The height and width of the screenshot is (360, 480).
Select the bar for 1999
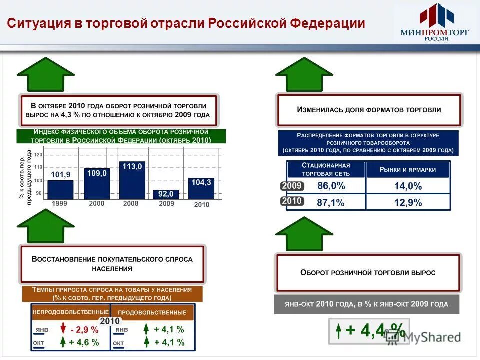pos(60,190)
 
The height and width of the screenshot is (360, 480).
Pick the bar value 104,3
pos(201,183)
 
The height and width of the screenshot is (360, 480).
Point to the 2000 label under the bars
pos(96,204)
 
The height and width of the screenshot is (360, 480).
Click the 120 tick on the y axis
pos(38,155)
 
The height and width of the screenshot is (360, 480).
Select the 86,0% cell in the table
pos(331,186)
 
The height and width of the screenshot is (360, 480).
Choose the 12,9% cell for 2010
pos(408,202)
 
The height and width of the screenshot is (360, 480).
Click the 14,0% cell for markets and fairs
pos(408,186)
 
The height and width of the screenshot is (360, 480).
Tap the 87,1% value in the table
pos(331,202)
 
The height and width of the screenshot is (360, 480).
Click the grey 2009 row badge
pos(291,186)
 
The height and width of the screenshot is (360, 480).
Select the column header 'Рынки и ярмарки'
pos(408,170)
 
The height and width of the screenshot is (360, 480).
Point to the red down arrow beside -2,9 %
pos(63,329)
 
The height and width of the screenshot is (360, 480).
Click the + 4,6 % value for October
pos(84,342)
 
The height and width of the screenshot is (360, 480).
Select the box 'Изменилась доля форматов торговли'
pos(369,110)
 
